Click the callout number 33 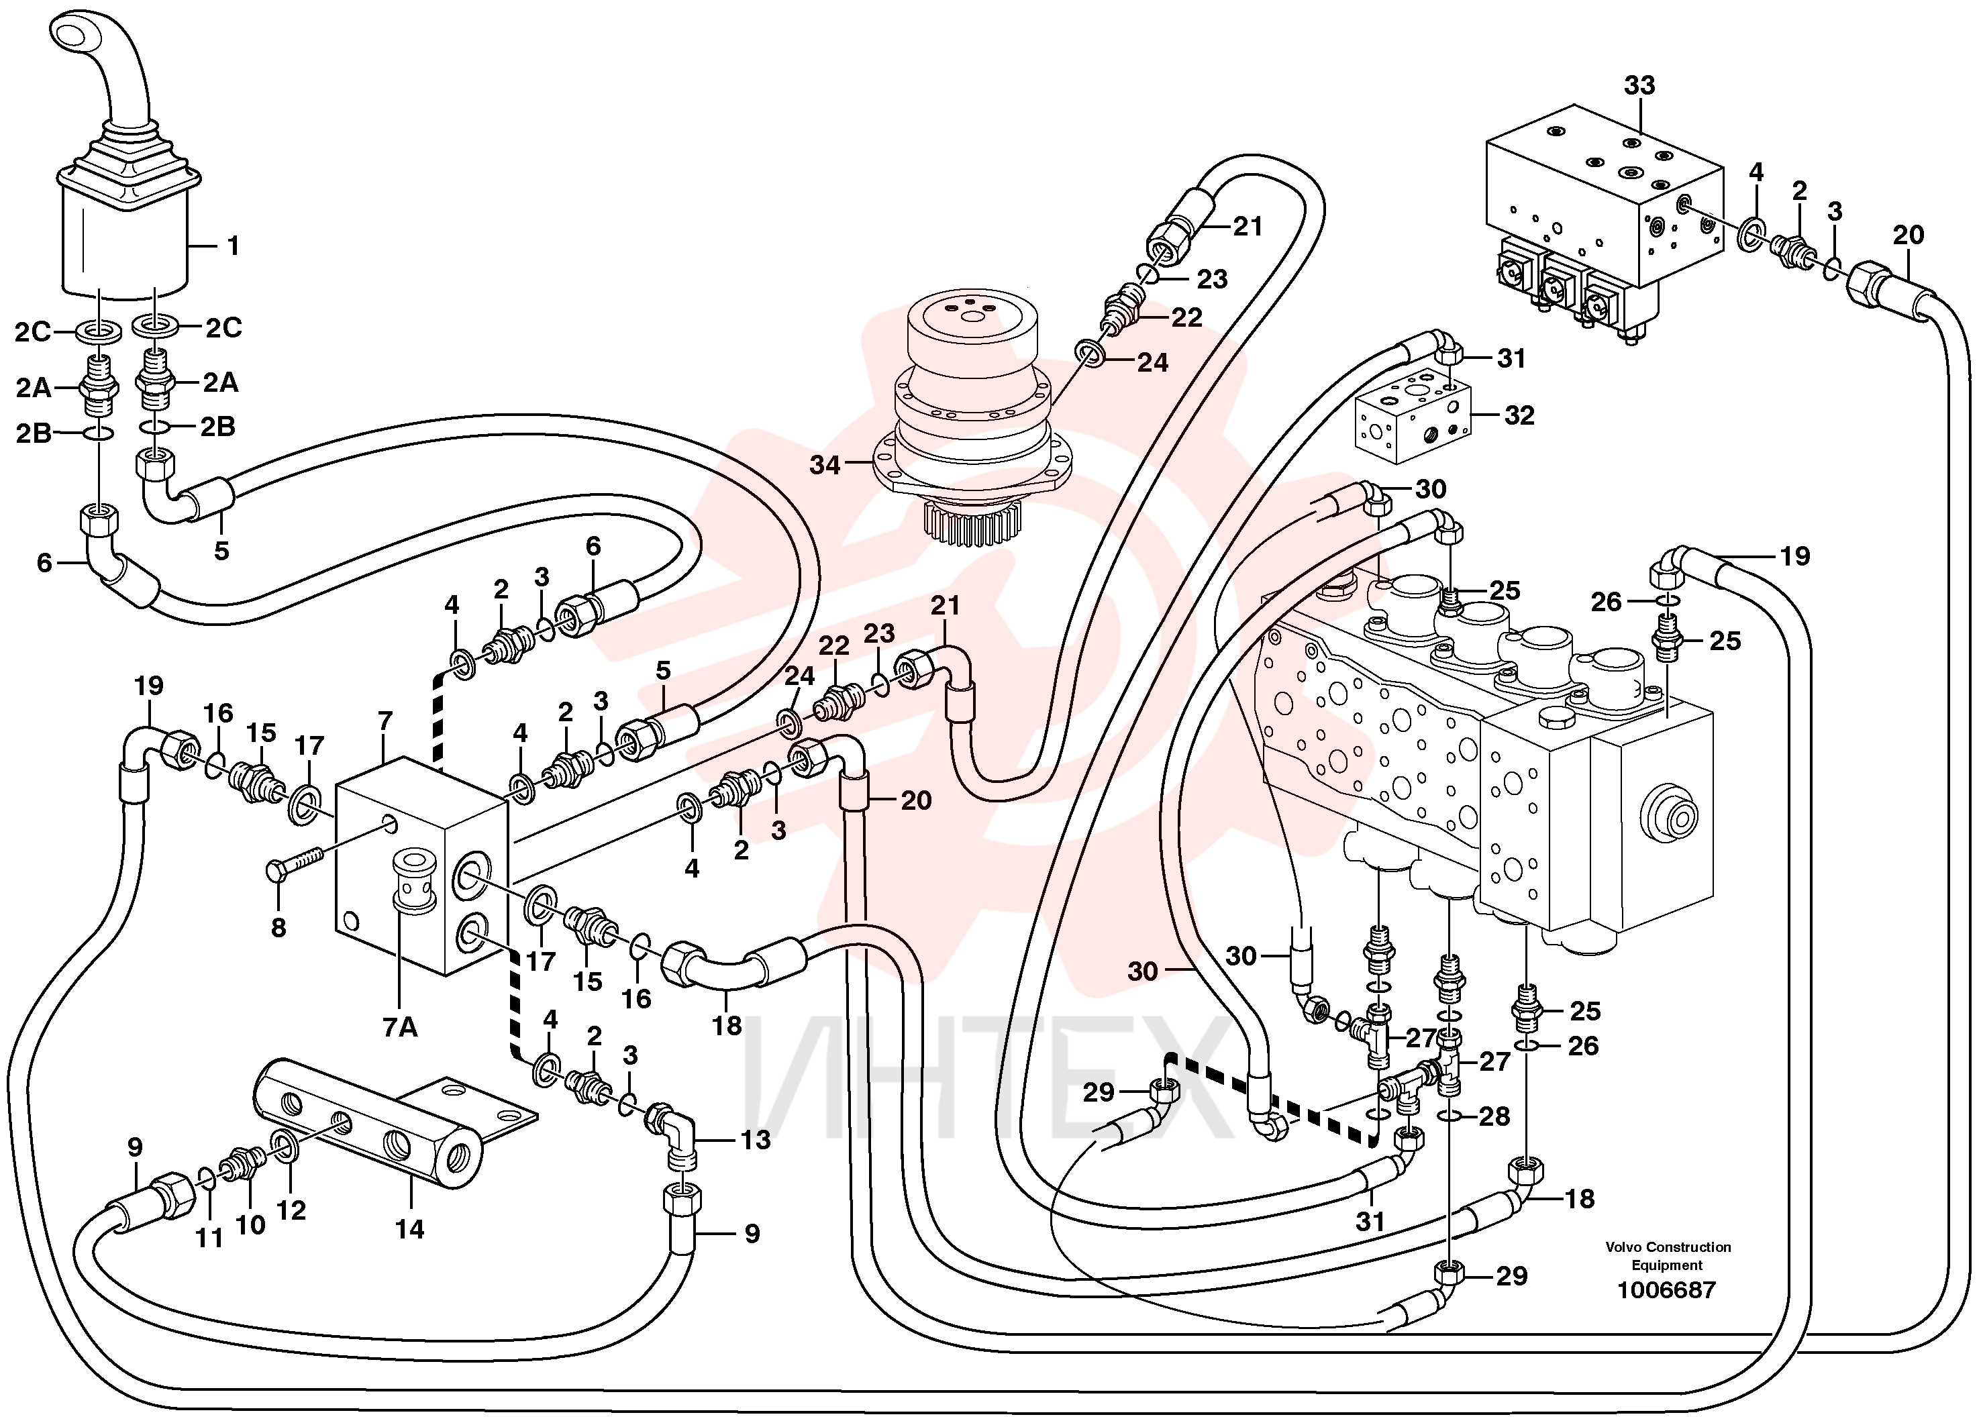tap(1639, 86)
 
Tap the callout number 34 tap(825, 466)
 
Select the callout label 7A tap(400, 1028)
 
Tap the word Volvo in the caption tap(1625, 1247)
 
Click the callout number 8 tap(278, 927)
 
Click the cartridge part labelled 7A tap(414, 880)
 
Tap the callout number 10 tap(250, 1225)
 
